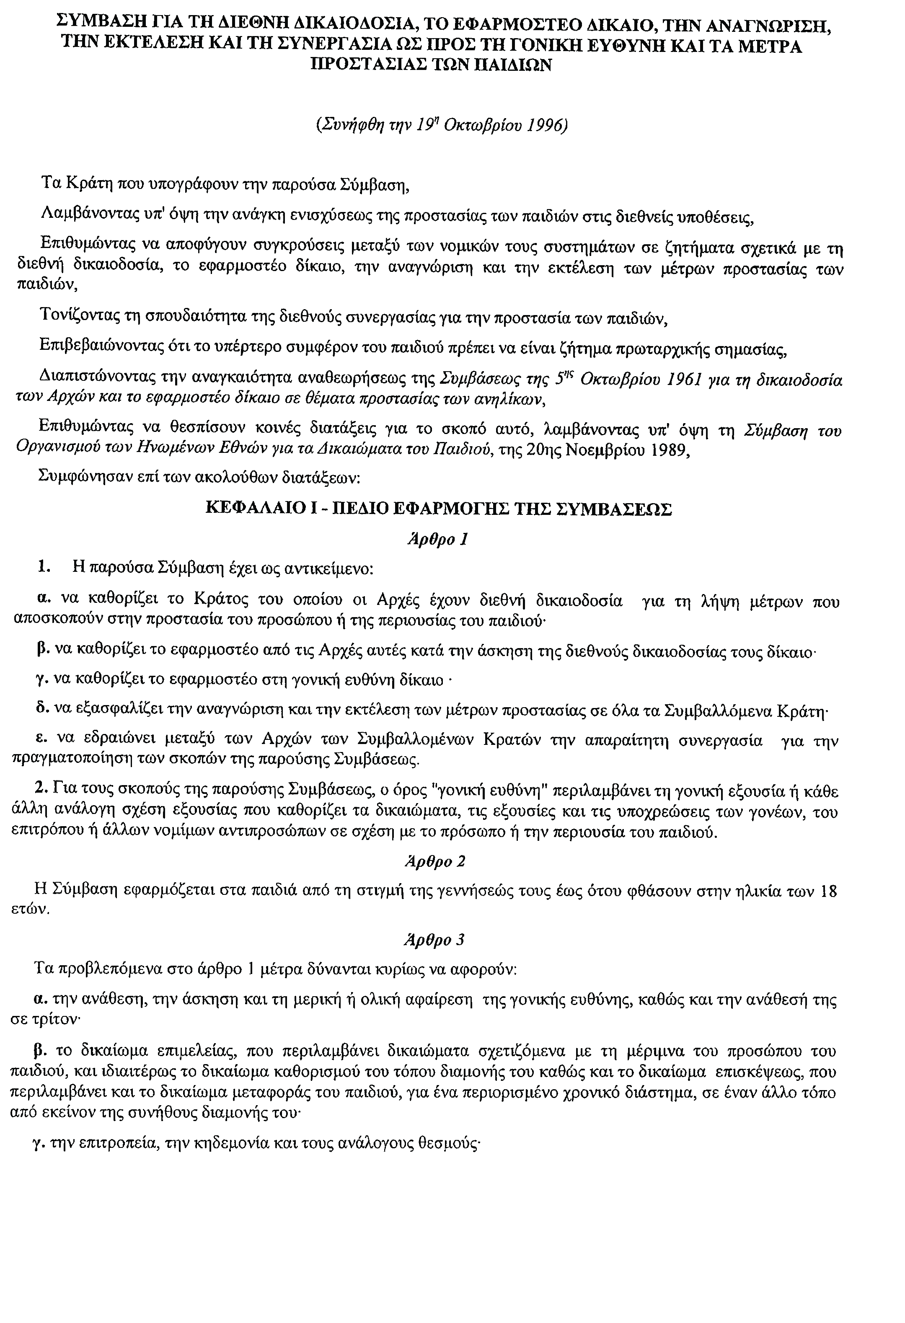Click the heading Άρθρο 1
tap(437, 538)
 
